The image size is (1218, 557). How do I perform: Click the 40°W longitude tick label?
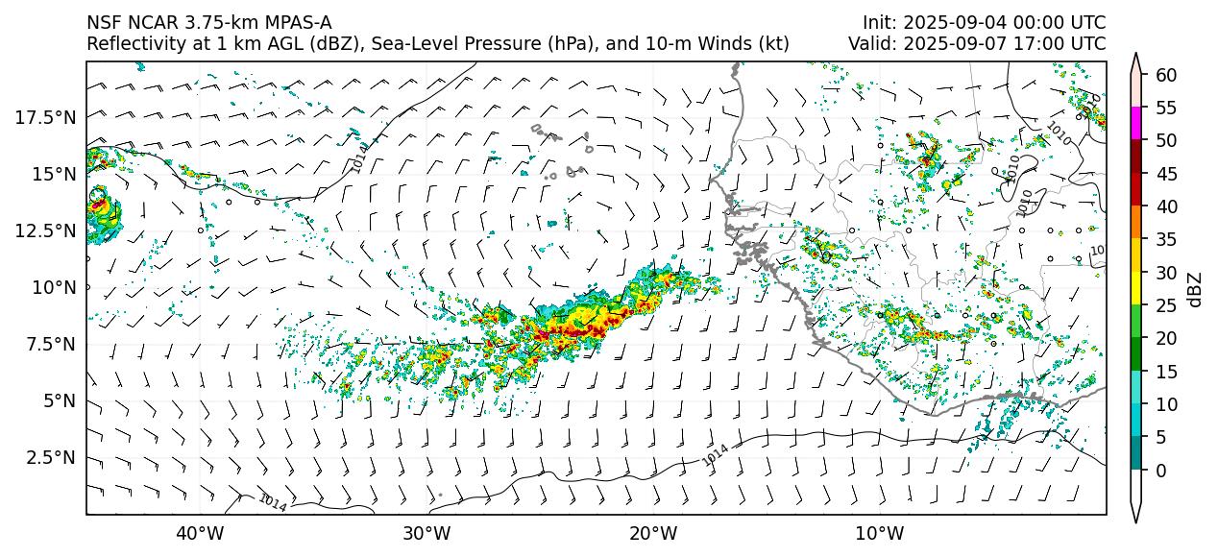pos(200,533)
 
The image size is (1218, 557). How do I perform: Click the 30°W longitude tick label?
pos(426,533)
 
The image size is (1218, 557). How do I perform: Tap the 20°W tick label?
pos(653,533)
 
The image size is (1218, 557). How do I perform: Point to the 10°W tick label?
pos(879,533)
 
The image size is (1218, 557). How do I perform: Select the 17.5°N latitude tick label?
pos(45,117)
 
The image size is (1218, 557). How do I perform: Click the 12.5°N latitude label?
pos(45,230)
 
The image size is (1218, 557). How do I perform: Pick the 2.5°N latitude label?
pos(49,457)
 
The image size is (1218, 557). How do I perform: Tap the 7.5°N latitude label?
pos(49,344)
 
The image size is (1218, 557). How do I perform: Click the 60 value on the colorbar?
pos(1166,75)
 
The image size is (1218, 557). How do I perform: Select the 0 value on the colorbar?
pos(1161,471)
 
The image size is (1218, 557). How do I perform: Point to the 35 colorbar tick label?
pos(1166,240)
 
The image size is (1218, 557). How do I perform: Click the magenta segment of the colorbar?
pos(1136,124)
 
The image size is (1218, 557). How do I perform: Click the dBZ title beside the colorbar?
pos(1195,288)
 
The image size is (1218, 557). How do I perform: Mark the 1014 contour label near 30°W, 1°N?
pos(273,501)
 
